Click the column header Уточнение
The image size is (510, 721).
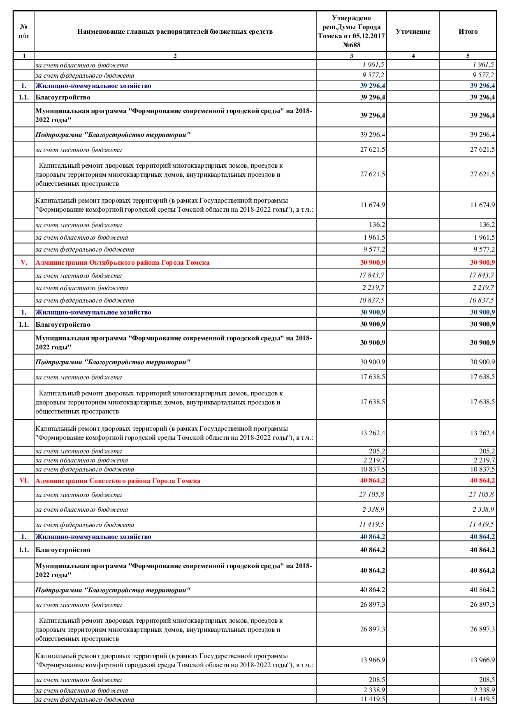point(413,32)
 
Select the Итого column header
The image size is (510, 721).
point(468,32)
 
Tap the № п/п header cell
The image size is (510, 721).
point(24,32)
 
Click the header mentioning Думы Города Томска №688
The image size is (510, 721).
point(351,32)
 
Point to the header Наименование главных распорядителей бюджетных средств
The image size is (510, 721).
point(175,32)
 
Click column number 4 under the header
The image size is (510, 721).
point(413,56)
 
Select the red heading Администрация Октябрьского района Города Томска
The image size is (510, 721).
point(122,263)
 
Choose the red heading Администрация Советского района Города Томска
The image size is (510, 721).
point(118,481)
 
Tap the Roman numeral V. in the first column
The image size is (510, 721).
point(24,263)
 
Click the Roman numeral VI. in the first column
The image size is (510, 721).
point(24,481)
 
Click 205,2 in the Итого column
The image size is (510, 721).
point(487,451)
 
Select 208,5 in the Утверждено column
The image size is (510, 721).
point(377,680)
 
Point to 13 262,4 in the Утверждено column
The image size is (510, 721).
point(373,433)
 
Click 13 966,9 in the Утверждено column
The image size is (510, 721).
point(373,660)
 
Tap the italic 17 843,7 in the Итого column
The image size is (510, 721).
point(482,275)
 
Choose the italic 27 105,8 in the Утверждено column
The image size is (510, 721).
point(372,495)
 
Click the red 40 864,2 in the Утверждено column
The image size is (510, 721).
point(373,481)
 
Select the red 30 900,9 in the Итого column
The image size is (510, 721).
point(482,263)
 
